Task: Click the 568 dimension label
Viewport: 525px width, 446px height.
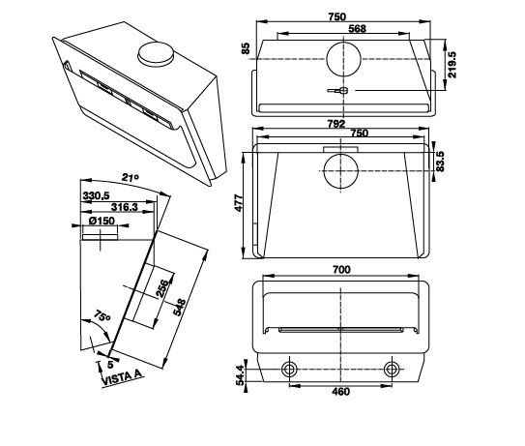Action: pos(358,28)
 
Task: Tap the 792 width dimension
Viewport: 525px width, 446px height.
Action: pos(336,124)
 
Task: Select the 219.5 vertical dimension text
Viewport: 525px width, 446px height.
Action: pos(452,65)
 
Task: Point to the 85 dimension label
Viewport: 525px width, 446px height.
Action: pos(247,48)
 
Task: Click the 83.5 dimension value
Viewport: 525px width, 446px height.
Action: pos(440,162)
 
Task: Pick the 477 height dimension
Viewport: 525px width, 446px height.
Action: pos(239,203)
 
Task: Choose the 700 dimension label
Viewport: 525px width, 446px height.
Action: pos(341,269)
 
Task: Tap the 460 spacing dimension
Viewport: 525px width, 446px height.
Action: pos(340,392)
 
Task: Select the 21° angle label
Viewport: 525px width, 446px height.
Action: pos(130,177)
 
